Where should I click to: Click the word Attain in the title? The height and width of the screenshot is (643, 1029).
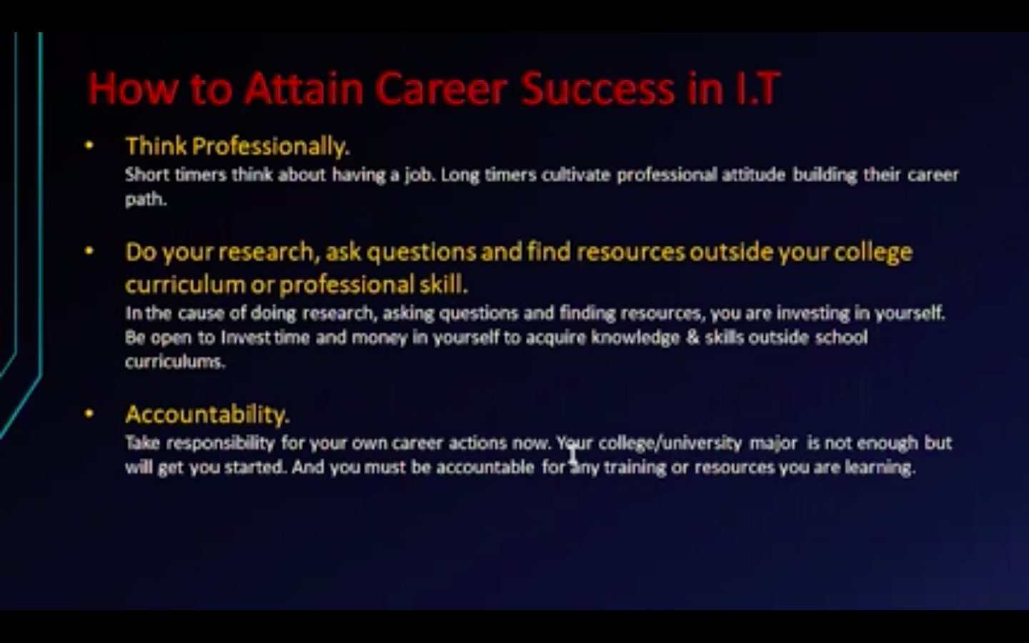point(304,89)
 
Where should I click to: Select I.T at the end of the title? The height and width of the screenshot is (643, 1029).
point(757,89)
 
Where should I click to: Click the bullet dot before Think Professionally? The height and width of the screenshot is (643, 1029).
point(89,146)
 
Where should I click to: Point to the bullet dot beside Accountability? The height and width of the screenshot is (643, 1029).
point(89,414)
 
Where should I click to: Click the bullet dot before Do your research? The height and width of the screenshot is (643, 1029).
point(89,251)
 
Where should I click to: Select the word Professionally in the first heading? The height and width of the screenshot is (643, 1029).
point(271,147)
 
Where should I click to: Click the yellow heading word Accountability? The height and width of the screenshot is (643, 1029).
point(207,414)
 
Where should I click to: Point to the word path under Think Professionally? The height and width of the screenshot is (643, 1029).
point(146,200)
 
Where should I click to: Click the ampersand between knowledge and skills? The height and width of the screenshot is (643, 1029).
point(692,337)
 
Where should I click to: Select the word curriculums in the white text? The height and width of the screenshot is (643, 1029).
point(175,362)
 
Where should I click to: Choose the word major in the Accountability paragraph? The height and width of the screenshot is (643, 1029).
point(773,444)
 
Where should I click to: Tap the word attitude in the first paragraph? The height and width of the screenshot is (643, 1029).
point(754,175)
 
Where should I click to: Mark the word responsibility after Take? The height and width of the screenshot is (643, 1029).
point(221,444)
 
